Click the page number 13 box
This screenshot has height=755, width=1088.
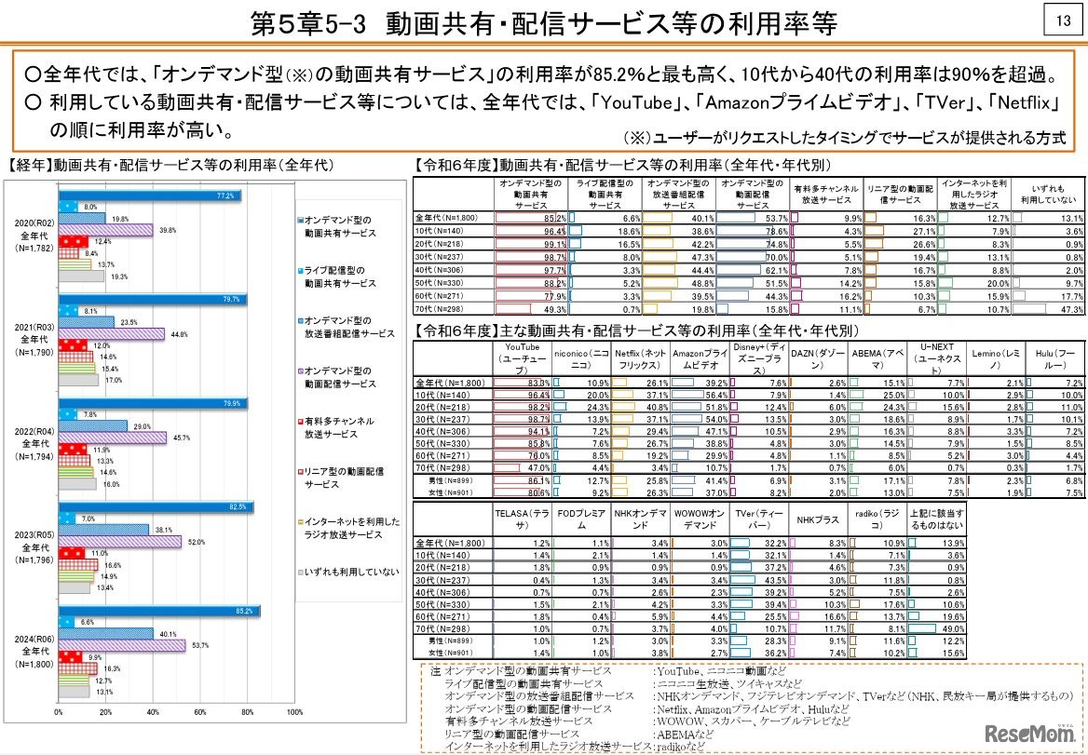(1061, 20)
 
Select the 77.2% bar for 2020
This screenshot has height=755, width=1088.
(149, 195)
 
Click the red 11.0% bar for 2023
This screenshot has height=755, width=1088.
(71, 552)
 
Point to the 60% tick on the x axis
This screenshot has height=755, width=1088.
(199, 712)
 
